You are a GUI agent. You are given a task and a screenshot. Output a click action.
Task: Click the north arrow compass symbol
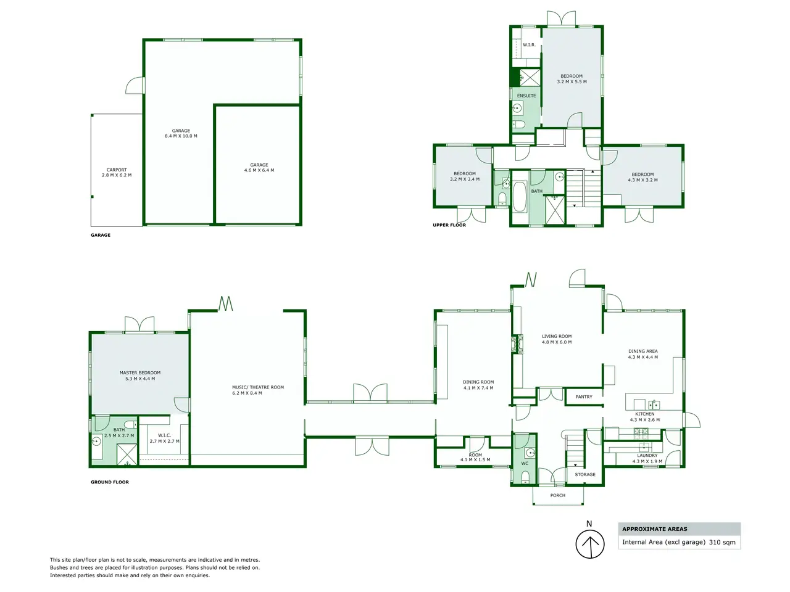pos(589,544)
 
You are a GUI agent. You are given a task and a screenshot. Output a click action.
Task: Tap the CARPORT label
pos(117,170)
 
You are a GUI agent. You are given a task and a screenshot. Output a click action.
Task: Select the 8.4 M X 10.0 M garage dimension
pos(181,136)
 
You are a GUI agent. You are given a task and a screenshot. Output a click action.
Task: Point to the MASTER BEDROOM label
pos(140,372)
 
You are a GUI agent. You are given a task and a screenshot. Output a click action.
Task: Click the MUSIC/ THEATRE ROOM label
pos(258,387)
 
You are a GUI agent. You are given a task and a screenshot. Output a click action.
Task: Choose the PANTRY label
pos(584,397)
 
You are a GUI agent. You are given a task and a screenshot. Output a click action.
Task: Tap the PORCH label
pos(558,495)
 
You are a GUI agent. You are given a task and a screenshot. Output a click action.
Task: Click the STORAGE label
pos(585,474)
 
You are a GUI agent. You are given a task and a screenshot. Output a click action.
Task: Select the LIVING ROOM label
pos(557,337)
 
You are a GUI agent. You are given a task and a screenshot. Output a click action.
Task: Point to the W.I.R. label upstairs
pos(529,45)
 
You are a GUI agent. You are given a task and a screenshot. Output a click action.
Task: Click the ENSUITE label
pos(526,96)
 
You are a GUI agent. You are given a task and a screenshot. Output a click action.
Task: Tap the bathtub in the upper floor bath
pos(519,197)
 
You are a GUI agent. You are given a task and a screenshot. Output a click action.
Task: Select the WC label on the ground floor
pos(525,463)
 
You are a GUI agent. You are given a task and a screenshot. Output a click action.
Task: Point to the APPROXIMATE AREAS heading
pos(655,528)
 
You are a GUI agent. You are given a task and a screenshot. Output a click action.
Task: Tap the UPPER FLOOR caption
pos(449,225)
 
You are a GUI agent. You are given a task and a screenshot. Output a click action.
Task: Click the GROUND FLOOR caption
pos(110,482)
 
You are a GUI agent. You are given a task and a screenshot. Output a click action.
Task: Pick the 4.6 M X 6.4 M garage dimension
pos(259,170)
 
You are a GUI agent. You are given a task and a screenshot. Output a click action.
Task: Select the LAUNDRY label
pos(647,456)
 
